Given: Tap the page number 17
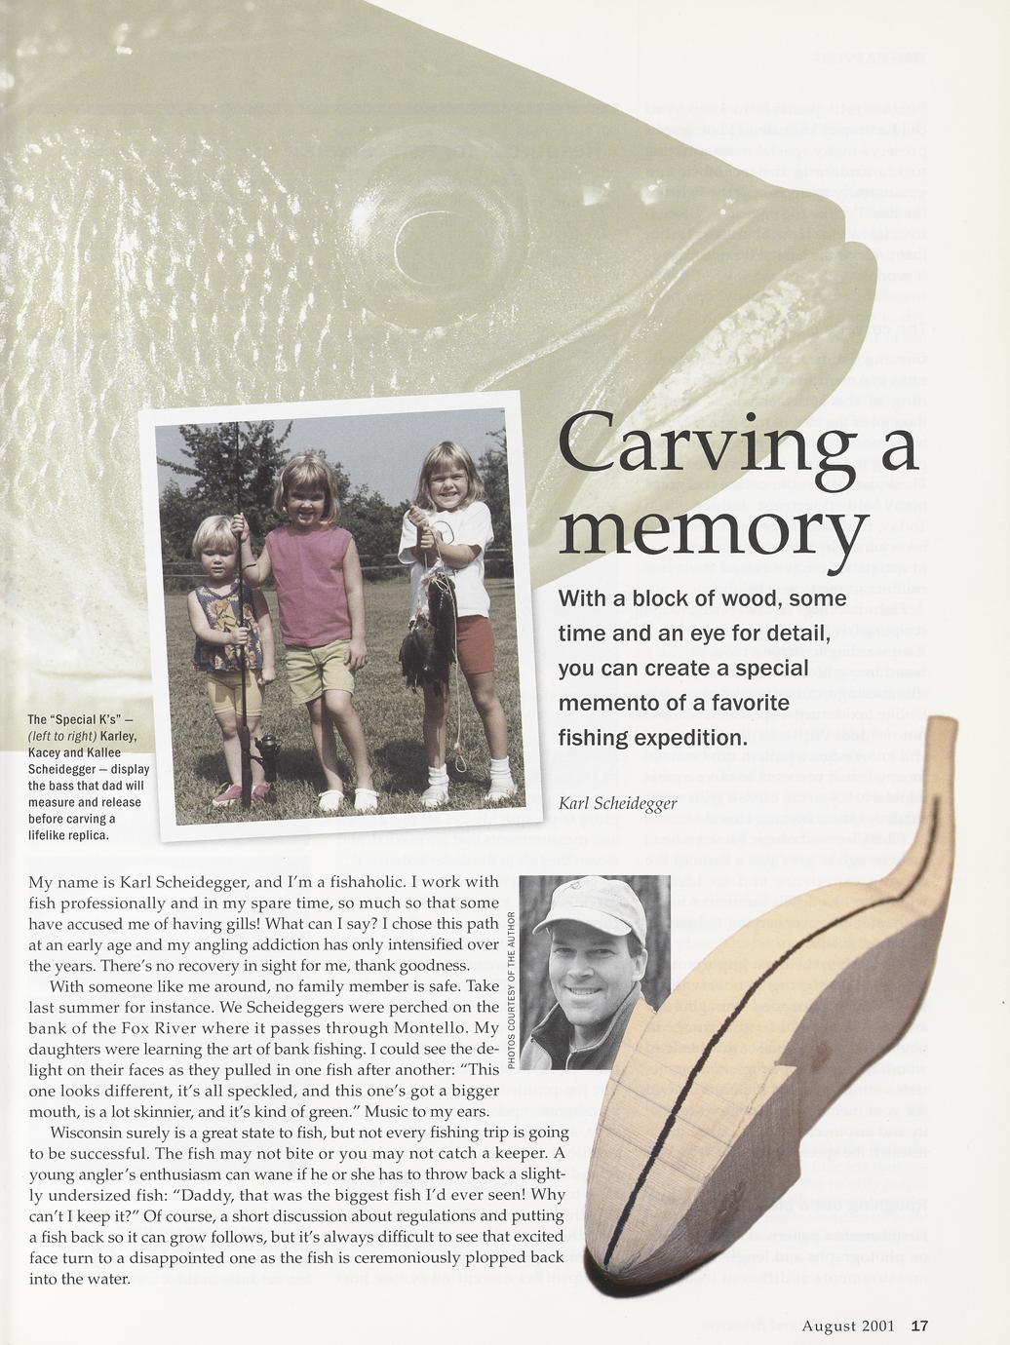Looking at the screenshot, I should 919,1326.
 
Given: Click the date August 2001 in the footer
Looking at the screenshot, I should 848,1326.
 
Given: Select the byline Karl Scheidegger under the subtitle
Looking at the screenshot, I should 617,804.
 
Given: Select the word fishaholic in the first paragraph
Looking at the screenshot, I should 365,882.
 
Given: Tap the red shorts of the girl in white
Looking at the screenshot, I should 476,643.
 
